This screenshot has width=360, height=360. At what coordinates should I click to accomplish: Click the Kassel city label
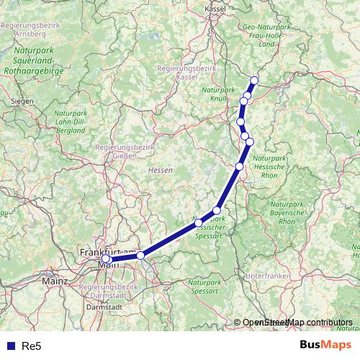[215, 8]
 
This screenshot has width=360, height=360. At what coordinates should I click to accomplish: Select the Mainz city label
[54, 280]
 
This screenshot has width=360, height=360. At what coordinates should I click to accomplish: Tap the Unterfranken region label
[266, 276]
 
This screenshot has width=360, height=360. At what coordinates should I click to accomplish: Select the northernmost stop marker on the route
[255, 80]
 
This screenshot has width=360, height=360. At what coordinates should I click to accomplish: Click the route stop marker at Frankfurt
[106, 258]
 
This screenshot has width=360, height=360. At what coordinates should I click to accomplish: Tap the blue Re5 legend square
[9, 346]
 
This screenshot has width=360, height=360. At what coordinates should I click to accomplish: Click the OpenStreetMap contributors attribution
[297, 323]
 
